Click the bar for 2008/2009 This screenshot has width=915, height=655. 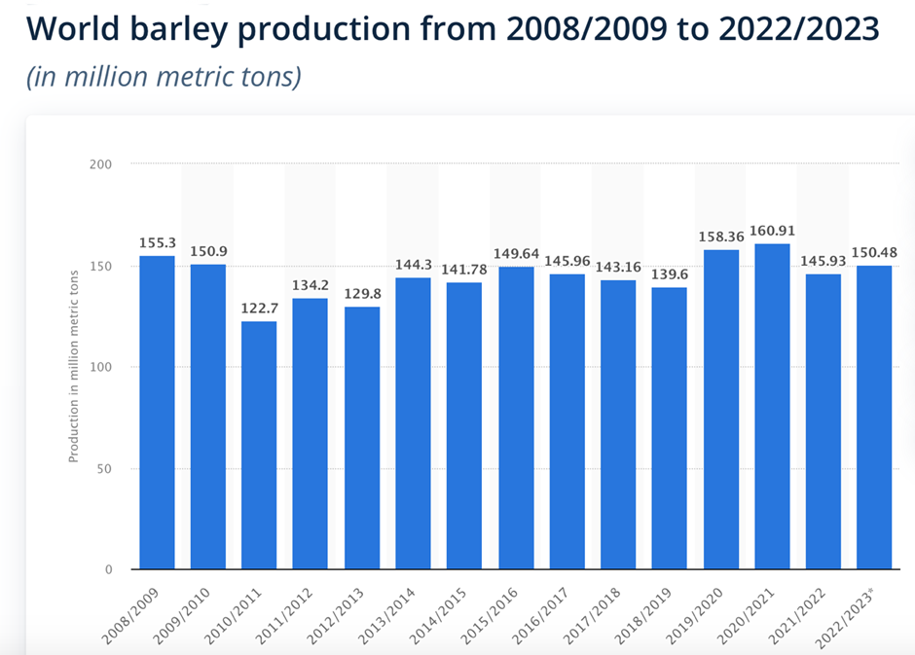pos(157,413)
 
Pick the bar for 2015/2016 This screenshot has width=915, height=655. pos(516,418)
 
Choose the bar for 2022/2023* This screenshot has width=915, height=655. pos(874,418)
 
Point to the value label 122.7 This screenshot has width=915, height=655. pos(259,308)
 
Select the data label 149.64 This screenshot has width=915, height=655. pos(516,253)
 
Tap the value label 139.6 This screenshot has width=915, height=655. pos(670,273)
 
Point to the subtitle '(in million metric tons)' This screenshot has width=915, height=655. pos(164,76)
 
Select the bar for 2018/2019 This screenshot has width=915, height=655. pos(670,428)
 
